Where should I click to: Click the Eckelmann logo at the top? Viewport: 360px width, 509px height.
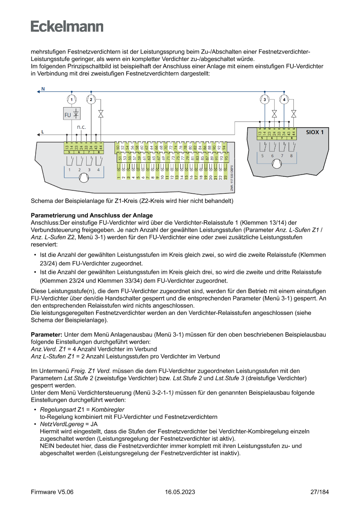click(67, 26)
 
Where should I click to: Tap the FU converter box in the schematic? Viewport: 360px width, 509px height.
click(72, 115)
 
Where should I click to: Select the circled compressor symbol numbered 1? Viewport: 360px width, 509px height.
click(71, 100)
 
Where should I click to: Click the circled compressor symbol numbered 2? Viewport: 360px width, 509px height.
click(91, 100)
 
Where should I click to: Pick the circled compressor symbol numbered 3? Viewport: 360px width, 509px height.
click(265, 100)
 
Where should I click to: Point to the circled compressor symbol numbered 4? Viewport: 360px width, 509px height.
click(284, 100)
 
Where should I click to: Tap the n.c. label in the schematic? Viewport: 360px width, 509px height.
click(81, 127)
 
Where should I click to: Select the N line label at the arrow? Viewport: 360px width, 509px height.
click(43, 89)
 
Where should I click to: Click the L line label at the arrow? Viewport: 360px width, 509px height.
click(42, 131)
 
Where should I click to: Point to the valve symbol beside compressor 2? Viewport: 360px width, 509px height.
click(101, 114)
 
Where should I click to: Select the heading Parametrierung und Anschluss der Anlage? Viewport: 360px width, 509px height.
click(92, 216)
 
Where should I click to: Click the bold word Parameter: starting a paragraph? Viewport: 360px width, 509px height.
click(47, 334)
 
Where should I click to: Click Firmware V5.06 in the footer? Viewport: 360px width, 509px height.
click(52, 492)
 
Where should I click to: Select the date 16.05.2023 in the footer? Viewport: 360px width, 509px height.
click(180, 492)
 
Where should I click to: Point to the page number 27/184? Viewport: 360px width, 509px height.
click(320, 492)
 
